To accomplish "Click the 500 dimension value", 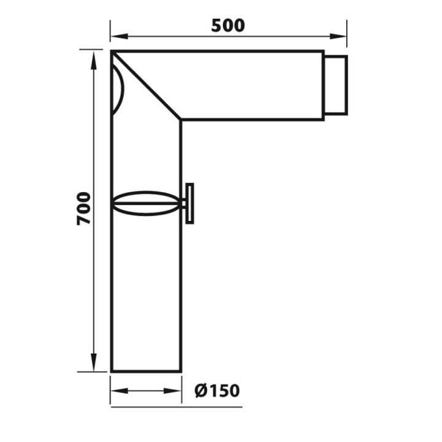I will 228,26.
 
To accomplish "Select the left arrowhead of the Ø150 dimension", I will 117,390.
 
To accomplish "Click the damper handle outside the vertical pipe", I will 190,203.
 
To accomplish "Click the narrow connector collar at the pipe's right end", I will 336,85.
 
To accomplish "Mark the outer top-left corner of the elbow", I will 112,52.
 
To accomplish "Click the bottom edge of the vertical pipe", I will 146,371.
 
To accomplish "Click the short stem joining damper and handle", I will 184,203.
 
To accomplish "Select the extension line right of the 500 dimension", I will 347,34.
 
